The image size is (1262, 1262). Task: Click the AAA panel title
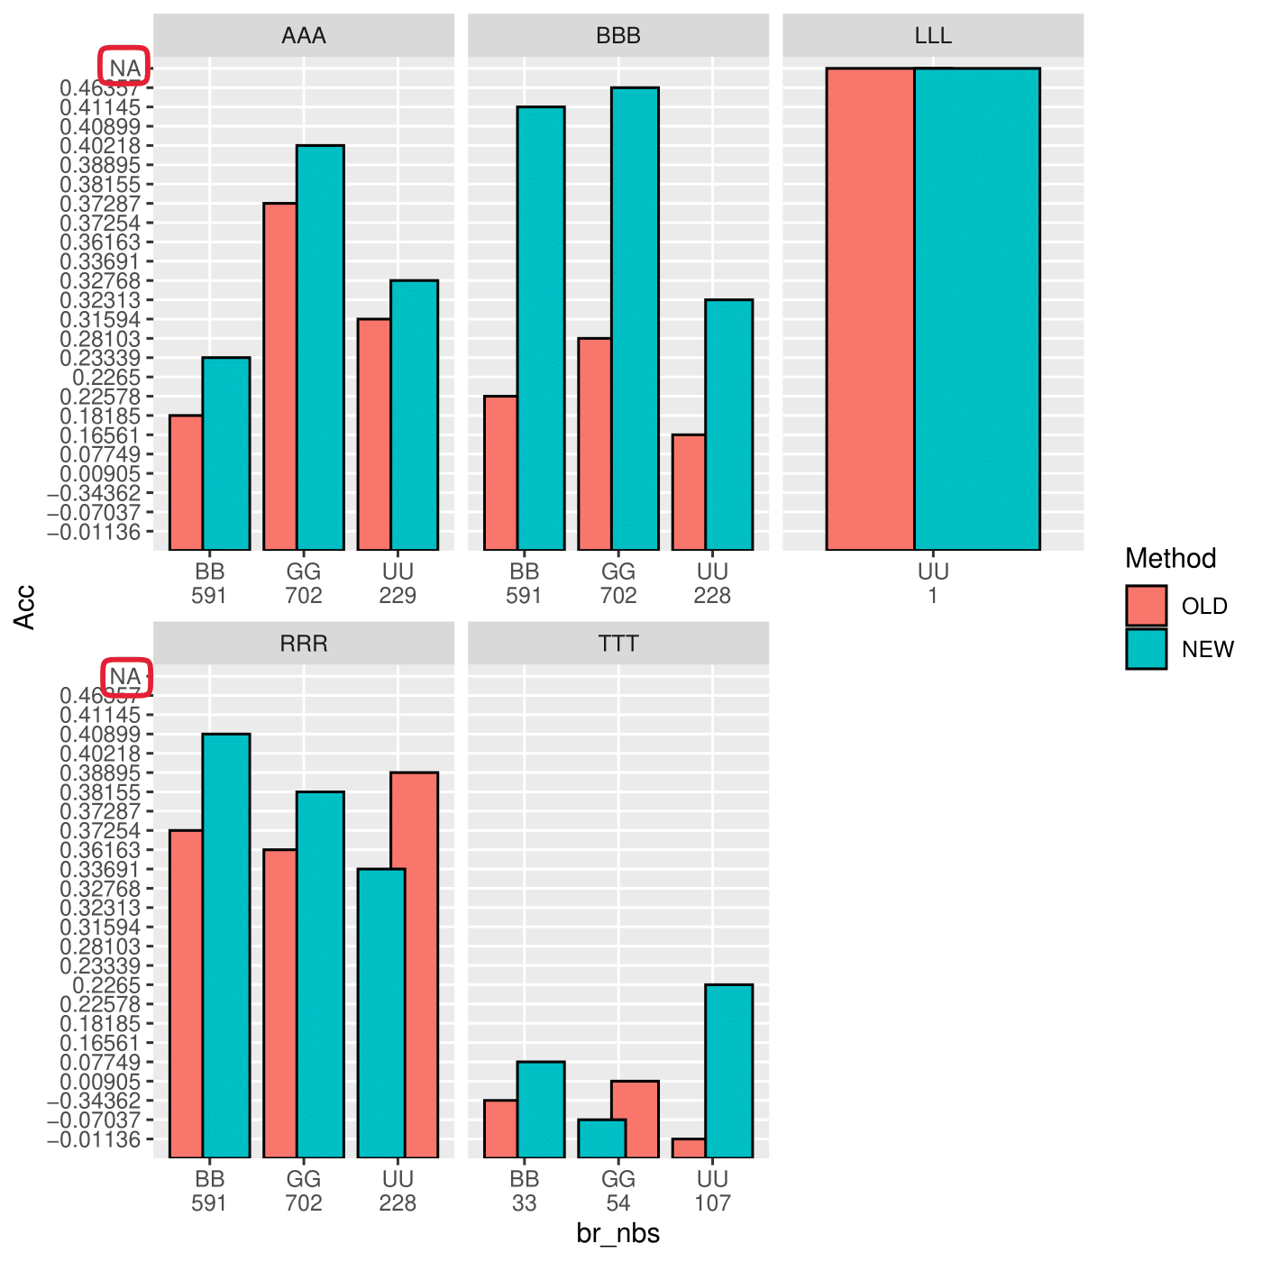point(304,36)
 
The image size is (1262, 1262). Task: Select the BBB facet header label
point(618,36)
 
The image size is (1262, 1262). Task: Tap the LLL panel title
point(933,36)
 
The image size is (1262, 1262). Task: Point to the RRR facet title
point(304,644)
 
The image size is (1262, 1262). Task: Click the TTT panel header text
point(618,644)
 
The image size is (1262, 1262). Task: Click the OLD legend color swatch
point(1146,606)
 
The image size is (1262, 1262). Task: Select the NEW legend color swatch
point(1146,649)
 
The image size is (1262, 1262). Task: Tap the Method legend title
point(1170,559)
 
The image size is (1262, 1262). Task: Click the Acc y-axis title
point(25,607)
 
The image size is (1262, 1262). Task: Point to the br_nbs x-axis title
point(618,1233)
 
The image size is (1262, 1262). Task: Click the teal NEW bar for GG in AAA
point(321,347)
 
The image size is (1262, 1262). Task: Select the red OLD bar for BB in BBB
point(500,473)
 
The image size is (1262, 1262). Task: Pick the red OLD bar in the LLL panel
point(870,308)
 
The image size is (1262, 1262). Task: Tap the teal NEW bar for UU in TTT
point(729,1071)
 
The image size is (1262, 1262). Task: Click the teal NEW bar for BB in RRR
point(226,946)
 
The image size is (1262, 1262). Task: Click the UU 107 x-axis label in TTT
point(712,1191)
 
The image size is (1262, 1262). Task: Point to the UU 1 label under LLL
point(933,583)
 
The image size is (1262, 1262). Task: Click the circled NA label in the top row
point(124,68)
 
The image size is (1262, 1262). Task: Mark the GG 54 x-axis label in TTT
point(618,1191)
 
